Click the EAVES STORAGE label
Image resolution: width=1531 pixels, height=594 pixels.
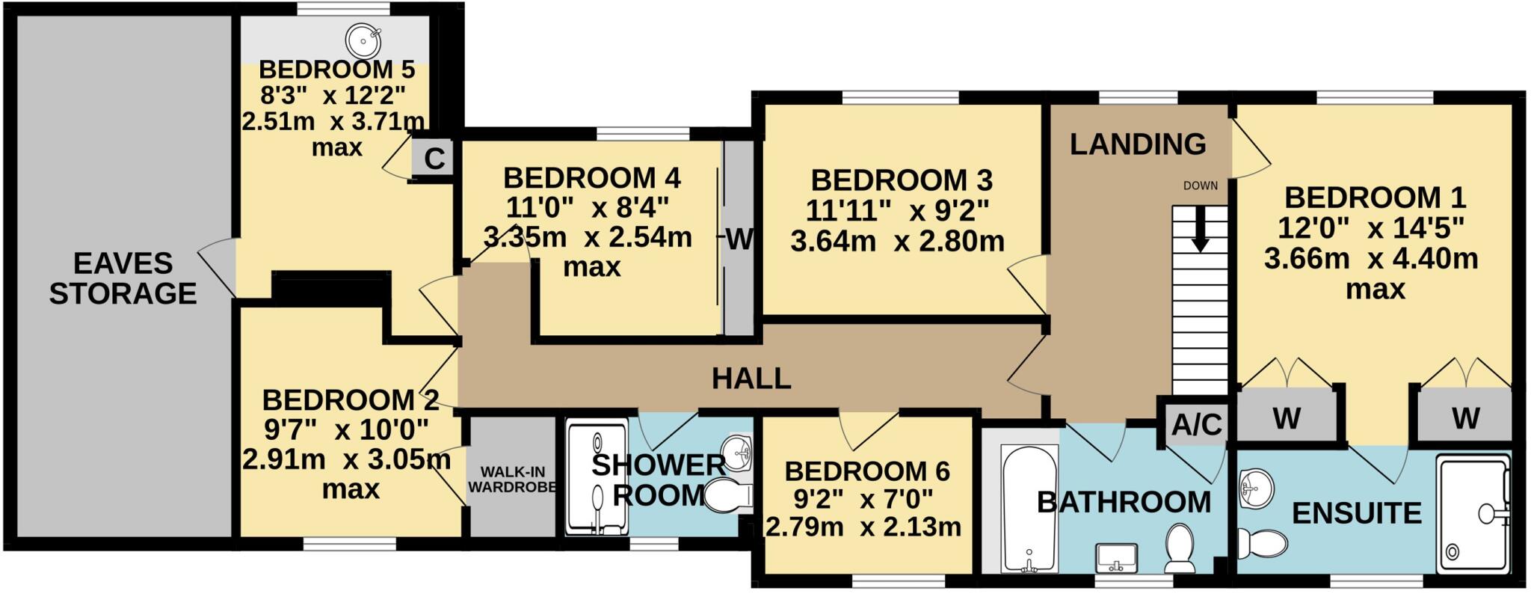click(x=123, y=278)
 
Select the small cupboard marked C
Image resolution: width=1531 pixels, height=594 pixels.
click(x=434, y=158)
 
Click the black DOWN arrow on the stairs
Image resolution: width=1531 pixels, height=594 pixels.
click(x=1200, y=229)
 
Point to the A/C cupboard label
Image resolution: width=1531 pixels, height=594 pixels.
click(x=1196, y=425)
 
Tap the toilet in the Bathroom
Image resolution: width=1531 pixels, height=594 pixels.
click(x=1180, y=547)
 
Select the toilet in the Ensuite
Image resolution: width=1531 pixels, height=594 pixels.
click(x=1260, y=542)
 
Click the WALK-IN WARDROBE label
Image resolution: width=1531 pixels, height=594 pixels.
click(x=513, y=480)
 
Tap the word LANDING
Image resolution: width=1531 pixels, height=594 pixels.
click(x=1138, y=144)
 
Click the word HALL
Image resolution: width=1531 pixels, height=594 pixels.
click(x=751, y=379)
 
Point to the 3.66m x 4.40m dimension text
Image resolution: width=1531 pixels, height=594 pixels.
click(x=1371, y=259)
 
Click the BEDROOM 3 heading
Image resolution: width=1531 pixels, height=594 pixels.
click(x=902, y=180)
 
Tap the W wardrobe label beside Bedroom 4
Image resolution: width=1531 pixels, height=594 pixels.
click(x=739, y=239)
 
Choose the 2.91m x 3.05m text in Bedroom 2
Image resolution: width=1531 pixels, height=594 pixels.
click(x=347, y=459)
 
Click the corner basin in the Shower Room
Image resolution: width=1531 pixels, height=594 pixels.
click(x=739, y=453)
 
